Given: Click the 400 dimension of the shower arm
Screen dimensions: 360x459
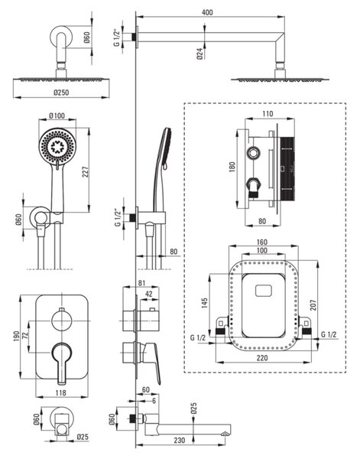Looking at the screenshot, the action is point(207,12).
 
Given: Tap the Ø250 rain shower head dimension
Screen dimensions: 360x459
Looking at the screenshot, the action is point(61,93).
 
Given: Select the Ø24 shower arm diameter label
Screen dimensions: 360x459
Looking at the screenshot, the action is point(200,54).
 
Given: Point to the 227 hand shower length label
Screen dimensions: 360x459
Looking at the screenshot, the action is point(85,172).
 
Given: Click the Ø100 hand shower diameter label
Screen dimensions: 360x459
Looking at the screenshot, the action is point(57,116).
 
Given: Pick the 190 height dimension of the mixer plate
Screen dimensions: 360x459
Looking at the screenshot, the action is point(16,336).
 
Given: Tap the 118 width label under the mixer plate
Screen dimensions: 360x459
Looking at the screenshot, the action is point(60,393).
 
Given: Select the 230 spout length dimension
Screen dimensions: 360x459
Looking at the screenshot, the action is point(179,440).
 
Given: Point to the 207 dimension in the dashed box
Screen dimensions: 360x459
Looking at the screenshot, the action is point(313,305).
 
